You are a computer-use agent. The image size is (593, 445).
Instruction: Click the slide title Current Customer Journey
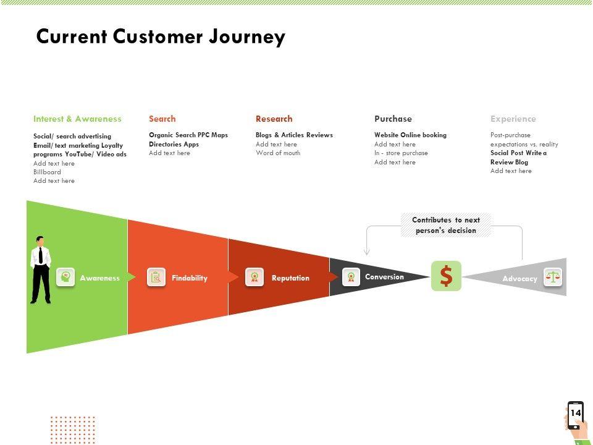pyautogui.click(x=161, y=37)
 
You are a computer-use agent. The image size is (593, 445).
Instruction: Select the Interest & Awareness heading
pyautogui.click(x=78, y=119)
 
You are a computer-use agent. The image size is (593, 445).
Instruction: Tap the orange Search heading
pyautogui.click(x=162, y=119)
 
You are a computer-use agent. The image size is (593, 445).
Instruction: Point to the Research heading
pyautogui.click(x=274, y=119)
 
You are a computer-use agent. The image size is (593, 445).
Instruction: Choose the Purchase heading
pyautogui.click(x=393, y=119)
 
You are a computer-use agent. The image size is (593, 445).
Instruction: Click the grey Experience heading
pyautogui.click(x=513, y=119)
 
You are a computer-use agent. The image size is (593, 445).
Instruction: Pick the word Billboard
pyautogui.click(x=47, y=172)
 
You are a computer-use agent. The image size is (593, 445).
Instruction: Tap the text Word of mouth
pyautogui.click(x=278, y=153)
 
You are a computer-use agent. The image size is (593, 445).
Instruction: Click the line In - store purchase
pyautogui.click(x=402, y=153)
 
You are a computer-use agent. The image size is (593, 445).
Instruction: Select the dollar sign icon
pyautogui.click(x=446, y=276)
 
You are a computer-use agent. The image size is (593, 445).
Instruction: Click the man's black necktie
pyautogui.click(x=41, y=255)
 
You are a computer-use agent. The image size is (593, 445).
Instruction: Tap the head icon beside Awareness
pyautogui.click(x=65, y=278)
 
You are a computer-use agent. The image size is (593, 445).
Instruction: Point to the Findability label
pyautogui.click(x=190, y=278)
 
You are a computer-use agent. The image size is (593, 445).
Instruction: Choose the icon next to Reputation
pyautogui.click(x=254, y=278)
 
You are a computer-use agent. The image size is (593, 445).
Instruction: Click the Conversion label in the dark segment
pyautogui.click(x=384, y=277)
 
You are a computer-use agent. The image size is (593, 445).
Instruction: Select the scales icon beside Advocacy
pyautogui.click(x=553, y=278)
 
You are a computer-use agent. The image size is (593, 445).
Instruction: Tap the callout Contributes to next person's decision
pyautogui.click(x=446, y=225)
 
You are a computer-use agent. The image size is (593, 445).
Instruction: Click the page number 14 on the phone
pyautogui.click(x=576, y=413)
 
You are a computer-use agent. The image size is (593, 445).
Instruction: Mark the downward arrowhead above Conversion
pyautogui.click(x=366, y=252)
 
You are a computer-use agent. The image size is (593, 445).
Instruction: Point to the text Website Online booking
pyautogui.click(x=410, y=135)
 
